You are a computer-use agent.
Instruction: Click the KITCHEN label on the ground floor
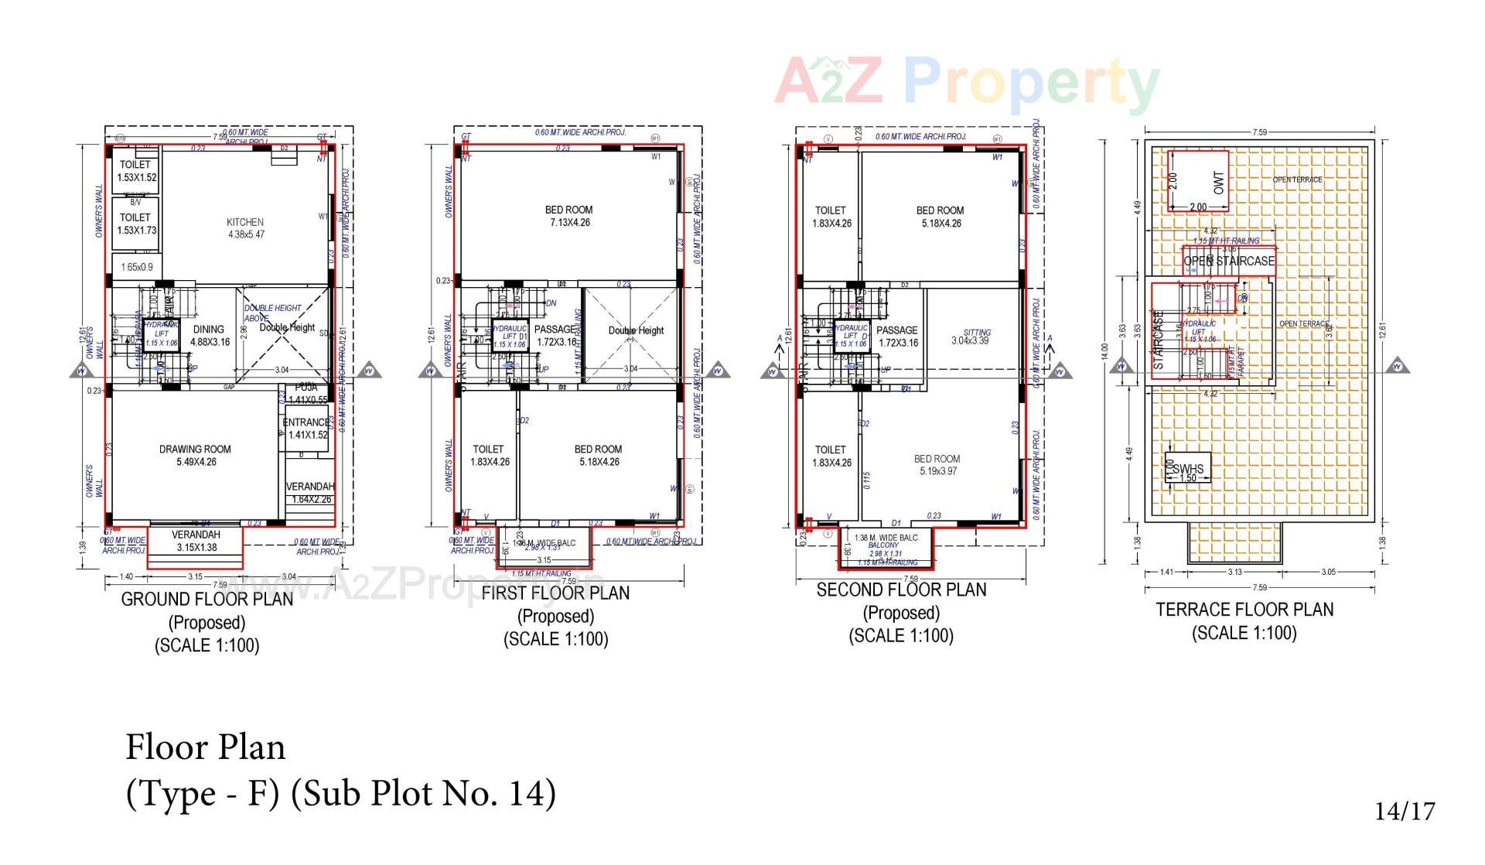pyautogui.click(x=245, y=222)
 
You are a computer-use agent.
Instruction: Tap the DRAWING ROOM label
pyautogui.click(x=195, y=449)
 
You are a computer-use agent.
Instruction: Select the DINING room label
pyautogui.click(x=209, y=330)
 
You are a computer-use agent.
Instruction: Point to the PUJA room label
pyautogui.click(x=306, y=387)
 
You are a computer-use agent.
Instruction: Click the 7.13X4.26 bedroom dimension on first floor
pyautogui.click(x=568, y=223)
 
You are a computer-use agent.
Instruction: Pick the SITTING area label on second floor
pyautogui.click(x=977, y=333)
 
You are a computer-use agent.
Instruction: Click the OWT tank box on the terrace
pyautogui.click(x=1198, y=181)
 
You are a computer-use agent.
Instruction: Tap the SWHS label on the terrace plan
pyautogui.click(x=1188, y=469)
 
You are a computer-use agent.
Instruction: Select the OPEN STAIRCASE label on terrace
pyautogui.click(x=1229, y=262)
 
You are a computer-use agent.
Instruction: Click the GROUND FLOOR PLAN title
pyautogui.click(x=207, y=599)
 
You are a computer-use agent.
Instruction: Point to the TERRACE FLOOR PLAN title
pyautogui.click(x=1244, y=610)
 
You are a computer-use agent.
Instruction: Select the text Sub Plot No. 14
pyautogui.click(x=423, y=793)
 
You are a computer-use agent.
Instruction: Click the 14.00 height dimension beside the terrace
pyautogui.click(x=1105, y=352)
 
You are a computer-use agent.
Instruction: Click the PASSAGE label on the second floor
pyautogui.click(x=896, y=330)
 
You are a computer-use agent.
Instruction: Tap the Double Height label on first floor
pyautogui.click(x=636, y=330)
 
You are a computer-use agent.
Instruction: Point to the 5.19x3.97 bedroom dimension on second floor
pyautogui.click(x=937, y=470)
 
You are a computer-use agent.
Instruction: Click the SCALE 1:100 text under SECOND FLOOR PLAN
pyautogui.click(x=901, y=636)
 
